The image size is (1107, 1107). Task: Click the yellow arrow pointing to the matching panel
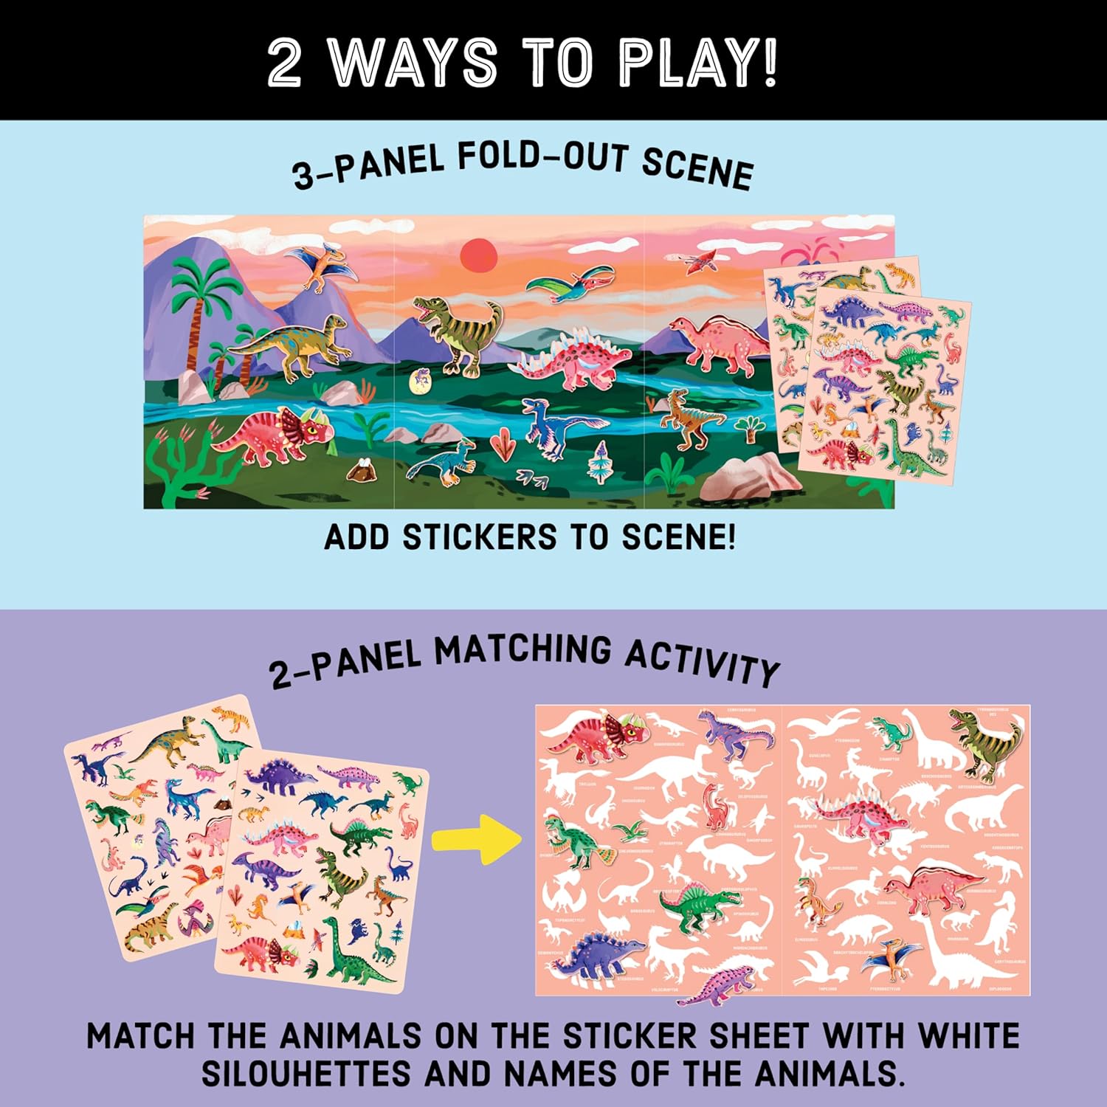(476, 838)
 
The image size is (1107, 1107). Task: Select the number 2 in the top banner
(284, 63)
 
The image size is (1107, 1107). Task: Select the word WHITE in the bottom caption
(968, 1036)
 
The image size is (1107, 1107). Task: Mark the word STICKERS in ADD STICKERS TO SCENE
(479, 537)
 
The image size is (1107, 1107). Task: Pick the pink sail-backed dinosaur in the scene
(712, 342)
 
